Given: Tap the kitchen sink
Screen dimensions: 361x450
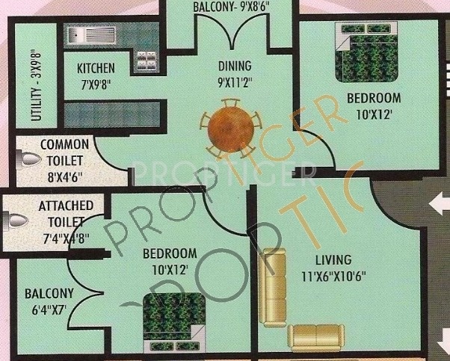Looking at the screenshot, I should [x=89, y=35].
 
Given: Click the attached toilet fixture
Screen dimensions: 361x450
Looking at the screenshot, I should [x=16, y=220].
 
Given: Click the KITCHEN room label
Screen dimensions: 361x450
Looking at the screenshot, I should [x=96, y=68].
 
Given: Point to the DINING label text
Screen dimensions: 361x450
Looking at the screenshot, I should [x=234, y=65].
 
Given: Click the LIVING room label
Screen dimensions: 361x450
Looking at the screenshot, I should [x=333, y=260].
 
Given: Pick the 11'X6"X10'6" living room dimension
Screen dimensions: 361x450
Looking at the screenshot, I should [x=333, y=275].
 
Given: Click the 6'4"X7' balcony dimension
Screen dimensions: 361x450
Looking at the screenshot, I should [x=49, y=308].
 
